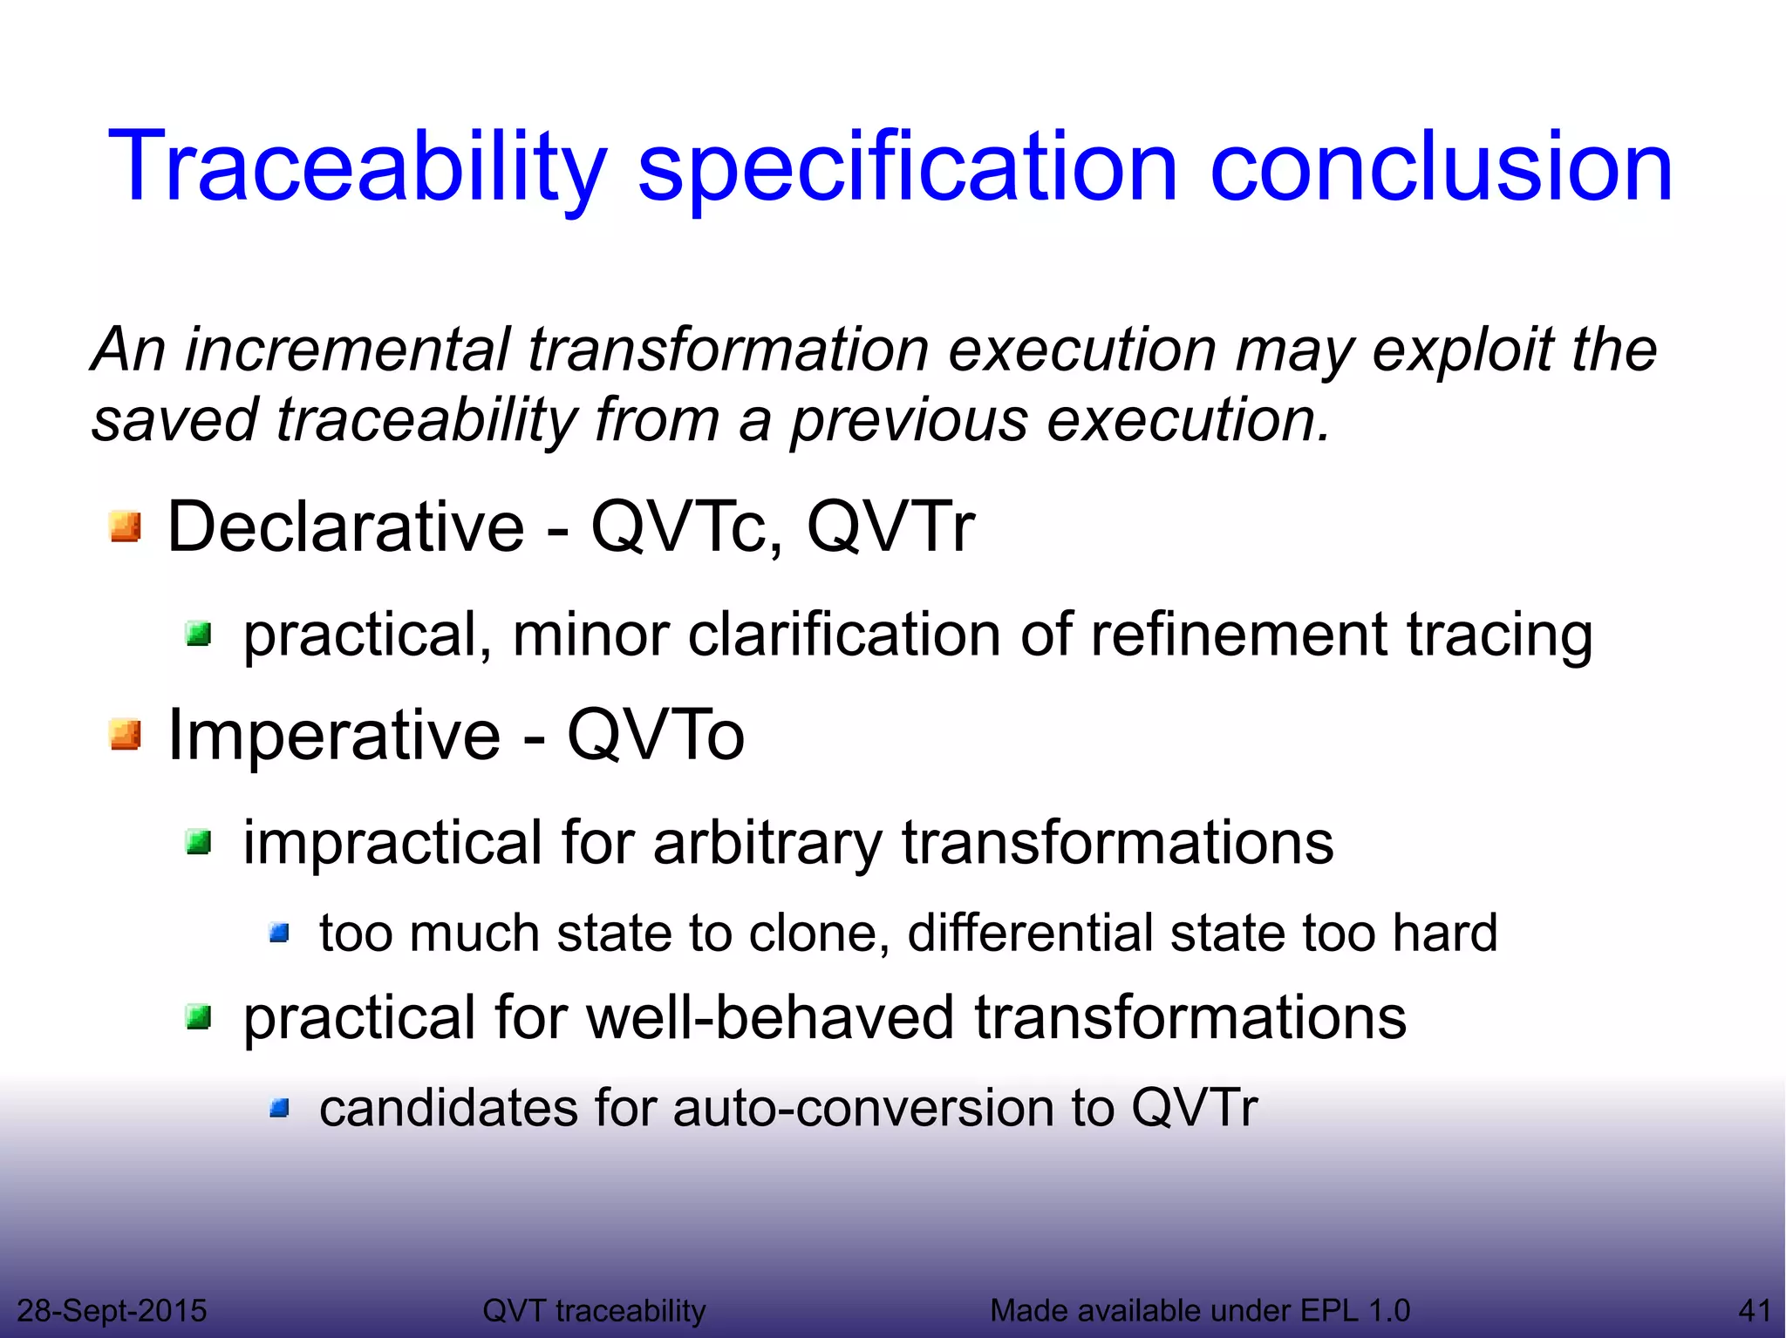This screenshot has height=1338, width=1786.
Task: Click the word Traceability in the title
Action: (x=356, y=167)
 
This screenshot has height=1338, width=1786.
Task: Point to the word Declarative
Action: (x=345, y=526)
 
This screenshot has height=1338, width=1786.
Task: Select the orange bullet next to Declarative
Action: (x=126, y=526)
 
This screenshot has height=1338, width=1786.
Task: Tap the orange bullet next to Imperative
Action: (x=126, y=735)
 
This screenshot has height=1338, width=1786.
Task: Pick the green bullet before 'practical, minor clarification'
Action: (x=199, y=634)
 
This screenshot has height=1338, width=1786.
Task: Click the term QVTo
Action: (x=656, y=735)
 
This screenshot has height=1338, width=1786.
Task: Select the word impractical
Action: (x=392, y=843)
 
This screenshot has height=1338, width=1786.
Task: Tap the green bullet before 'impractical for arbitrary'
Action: (x=199, y=842)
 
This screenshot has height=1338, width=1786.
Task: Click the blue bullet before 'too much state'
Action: (x=279, y=934)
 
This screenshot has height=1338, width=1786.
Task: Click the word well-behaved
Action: (x=771, y=1017)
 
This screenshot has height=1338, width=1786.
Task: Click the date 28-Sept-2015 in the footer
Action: (x=112, y=1310)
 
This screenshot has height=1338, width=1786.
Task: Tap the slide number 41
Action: (x=1754, y=1310)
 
